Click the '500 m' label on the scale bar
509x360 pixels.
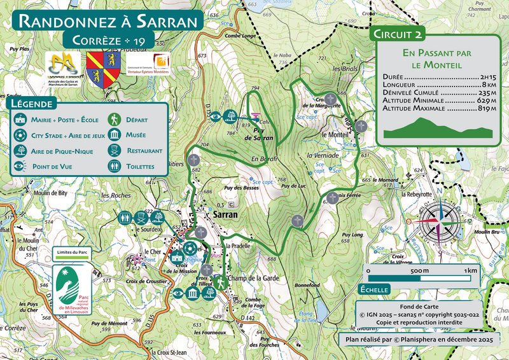(x=419, y=271)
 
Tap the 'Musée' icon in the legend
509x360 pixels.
(x=115, y=135)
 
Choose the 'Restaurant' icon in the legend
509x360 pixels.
(x=115, y=151)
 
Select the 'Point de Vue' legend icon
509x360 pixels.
(x=20, y=167)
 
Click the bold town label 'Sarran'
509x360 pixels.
(x=221, y=214)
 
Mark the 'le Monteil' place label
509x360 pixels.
(x=337, y=135)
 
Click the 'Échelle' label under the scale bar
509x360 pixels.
(x=374, y=289)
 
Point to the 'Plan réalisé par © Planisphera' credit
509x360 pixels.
(x=419, y=340)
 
